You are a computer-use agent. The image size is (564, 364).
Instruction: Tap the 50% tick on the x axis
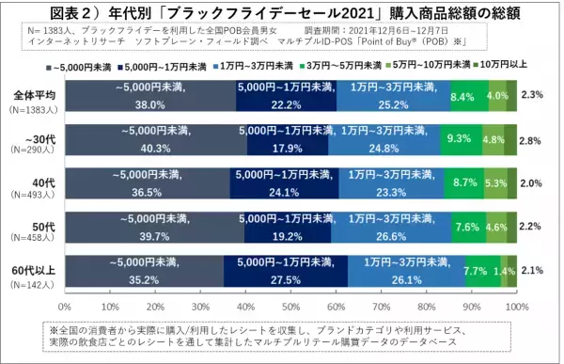coord(291,306)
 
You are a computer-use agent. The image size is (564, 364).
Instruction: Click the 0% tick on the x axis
coord(66,306)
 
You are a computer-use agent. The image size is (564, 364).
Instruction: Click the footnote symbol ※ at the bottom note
coord(54,331)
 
